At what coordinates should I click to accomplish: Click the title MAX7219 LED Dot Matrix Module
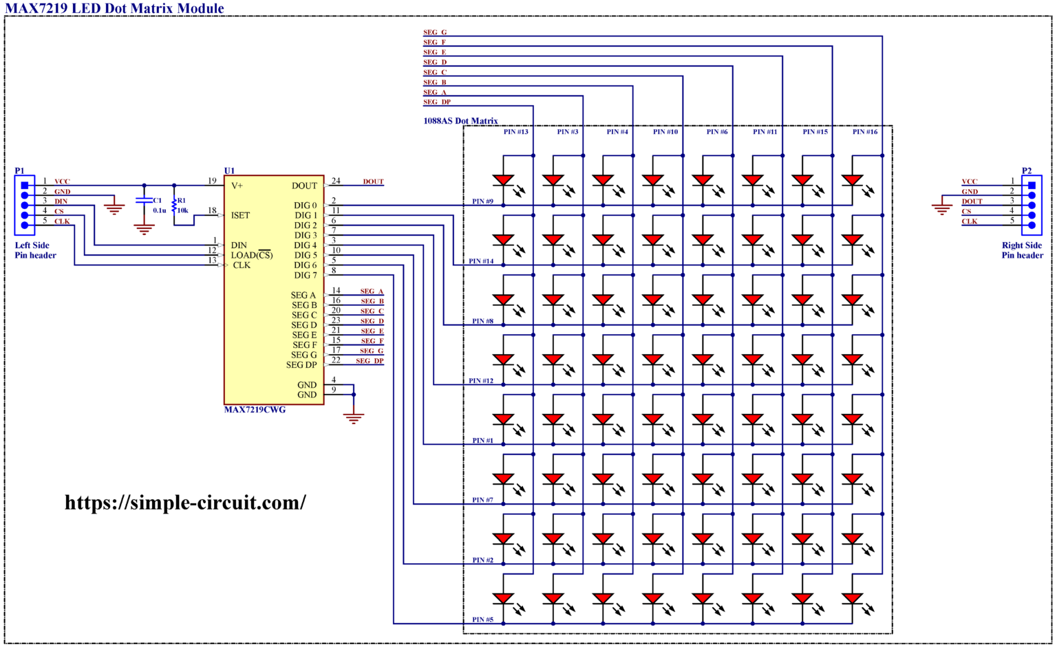click(x=114, y=8)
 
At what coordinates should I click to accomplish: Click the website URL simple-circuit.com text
click(x=185, y=503)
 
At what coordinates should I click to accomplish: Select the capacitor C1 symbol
click(x=144, y=201)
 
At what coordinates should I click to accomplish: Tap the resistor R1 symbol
click(x=174, y=205)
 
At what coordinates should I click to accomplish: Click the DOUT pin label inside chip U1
click(x=304, y=186)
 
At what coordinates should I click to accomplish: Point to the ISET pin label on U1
click(x=240, y=215)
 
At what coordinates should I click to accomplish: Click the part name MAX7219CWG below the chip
click(x=255, y=410)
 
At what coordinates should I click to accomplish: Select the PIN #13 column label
click(x=515, y=131)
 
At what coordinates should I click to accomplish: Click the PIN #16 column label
click(x=864, y=131)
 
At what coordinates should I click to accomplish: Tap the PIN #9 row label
click(x=482, y=201)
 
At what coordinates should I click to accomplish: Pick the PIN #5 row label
click(x=482, y=619)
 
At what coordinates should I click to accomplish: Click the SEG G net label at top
click(x=434, y=32)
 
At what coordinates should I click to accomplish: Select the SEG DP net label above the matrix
click(x=436, y=102)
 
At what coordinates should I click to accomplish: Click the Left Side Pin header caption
click(x=35, y=250)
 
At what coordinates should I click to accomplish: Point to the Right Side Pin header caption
click(x=1022, y=250)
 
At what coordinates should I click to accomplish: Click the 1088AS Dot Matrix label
click(x=460, y=121)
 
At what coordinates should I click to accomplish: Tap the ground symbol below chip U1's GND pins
click(x=354, y=417)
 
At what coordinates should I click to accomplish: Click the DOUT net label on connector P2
click(x=972, y=201)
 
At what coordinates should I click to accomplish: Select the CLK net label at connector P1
click(x=62, y=221)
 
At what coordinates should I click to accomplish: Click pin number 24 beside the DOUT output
click(x=336, y=181)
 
